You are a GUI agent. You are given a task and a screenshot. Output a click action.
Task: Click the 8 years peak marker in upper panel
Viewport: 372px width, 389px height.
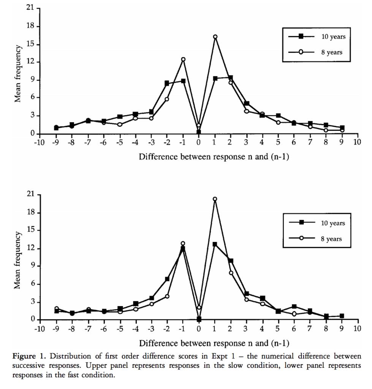click(x=215, y=37)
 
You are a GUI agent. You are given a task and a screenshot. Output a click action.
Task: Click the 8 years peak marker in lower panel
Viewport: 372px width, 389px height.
click(x=215, y=199)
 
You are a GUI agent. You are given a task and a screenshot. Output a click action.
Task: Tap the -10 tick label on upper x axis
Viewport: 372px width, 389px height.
click(x=39, y=142)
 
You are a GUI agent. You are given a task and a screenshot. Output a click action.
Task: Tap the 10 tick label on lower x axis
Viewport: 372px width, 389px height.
click(x=357, y=329)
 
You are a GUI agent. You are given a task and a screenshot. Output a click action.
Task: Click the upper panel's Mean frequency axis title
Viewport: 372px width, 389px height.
click(x=17, y=73)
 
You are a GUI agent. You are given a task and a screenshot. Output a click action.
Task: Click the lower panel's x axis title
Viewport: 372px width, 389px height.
click(x=214, y=343)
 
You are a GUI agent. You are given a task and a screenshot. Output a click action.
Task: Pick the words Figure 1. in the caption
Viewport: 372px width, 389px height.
click(x=29, y=356)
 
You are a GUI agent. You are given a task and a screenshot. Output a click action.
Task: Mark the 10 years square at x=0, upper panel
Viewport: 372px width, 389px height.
click(x=198, y=132)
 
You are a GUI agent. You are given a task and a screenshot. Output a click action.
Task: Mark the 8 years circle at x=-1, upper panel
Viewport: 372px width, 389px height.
click(x=183, y=59)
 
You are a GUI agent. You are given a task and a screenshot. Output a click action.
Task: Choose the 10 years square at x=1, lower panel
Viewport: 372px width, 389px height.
click(x=215, y=244)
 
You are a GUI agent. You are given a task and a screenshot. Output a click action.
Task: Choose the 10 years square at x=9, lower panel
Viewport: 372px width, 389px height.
click(x=342, y=316)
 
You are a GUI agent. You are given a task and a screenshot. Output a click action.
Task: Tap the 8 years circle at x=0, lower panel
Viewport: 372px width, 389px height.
click(x=199, y=308)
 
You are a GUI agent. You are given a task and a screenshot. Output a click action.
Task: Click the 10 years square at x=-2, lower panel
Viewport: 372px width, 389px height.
click(x=167, y=279)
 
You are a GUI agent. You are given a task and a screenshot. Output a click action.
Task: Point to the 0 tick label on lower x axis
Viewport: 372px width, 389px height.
click(x=198, y=329)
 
